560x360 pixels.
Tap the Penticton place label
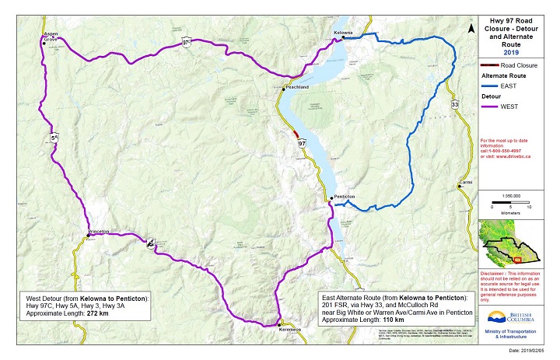(345, 197)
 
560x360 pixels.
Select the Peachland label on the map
(297, 88)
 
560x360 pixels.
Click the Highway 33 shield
(455, 103)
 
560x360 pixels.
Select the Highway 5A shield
(54, 138)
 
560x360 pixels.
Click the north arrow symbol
(471, 28)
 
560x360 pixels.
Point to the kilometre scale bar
(510, 205)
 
